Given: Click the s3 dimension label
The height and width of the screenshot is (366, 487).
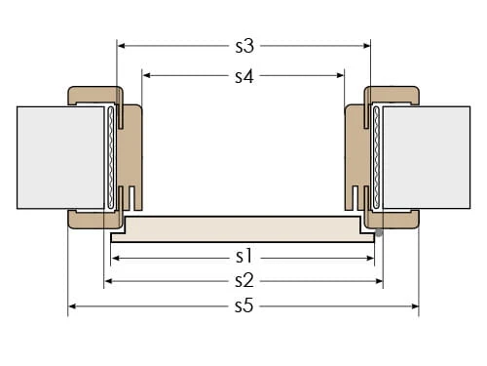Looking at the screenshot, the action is [x=244, y=46].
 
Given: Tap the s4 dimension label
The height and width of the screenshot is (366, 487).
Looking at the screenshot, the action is [x=244, y=76].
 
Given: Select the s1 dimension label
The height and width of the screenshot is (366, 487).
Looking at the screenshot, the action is [x=243, y=256].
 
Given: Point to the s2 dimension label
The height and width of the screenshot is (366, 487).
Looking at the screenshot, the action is [x=244, y=280].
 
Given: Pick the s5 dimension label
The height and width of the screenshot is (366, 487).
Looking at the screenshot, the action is [x=244, y=306].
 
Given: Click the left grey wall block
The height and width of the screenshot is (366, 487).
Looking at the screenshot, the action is [x=60, y=157].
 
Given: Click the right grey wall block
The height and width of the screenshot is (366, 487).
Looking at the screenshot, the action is [x=427, y=157].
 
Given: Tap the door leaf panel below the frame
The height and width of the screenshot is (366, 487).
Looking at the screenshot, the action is [x=243, y=229].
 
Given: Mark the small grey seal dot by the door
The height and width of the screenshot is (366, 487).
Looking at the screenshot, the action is [x=379, y=233].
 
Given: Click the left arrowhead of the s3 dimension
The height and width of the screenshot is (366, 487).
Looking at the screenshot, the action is [x=121, y=46].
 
